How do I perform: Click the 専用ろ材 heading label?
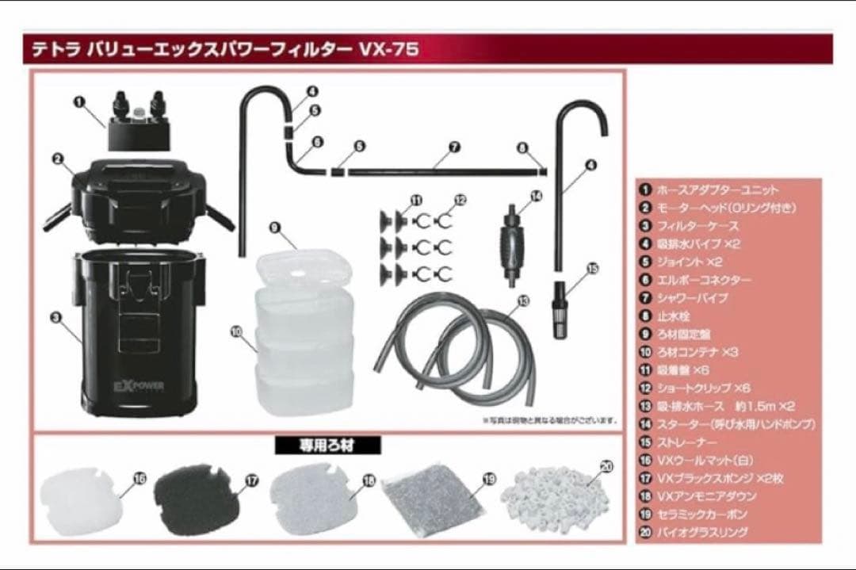[x=327, y=446]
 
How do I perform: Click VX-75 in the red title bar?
[x=388, y=49]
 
